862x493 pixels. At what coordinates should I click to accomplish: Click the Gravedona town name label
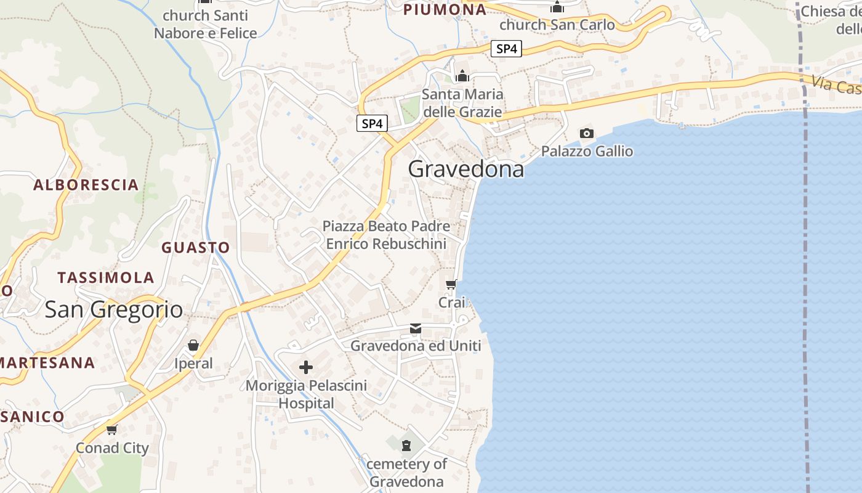point(466,169)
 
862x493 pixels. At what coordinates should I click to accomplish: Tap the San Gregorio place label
point(114,309)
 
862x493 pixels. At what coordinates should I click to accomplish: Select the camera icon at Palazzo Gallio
point(587,133)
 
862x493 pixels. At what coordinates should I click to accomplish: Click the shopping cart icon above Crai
point(451,284)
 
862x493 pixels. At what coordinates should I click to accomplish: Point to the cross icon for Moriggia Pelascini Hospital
point(306,368)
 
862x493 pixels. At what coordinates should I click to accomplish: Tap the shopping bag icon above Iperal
point(193,345)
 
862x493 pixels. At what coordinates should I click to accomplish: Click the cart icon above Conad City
point(111,430)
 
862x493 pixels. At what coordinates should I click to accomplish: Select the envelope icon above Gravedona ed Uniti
point(416,328)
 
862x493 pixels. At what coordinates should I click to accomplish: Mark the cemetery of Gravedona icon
point(406,445)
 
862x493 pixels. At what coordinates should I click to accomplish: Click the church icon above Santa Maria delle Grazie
point(462,76)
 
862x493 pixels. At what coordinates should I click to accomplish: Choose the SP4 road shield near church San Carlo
point(506,49)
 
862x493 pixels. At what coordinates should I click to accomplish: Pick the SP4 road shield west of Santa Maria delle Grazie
point(372,123)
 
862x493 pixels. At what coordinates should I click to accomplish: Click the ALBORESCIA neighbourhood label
point(86,185)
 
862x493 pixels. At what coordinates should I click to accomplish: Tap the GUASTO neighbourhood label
point(196,248)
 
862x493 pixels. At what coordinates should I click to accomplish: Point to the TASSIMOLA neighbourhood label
point(106,277)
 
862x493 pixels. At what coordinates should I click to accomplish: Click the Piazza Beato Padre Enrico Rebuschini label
point(386,235)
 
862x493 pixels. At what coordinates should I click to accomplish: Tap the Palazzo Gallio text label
point(587,151)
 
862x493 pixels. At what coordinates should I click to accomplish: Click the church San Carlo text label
point(557,25)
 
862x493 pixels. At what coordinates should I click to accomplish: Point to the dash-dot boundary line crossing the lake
point(805,277)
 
